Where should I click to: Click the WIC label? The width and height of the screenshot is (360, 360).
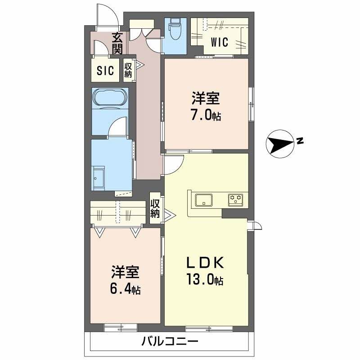click(x=219, y=42)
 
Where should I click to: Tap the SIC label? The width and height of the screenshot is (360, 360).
click(x=105, y=71)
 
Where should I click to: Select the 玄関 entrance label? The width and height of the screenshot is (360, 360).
click(x=117, y=43)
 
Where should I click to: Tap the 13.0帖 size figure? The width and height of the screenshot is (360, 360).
click(x=205, y=281)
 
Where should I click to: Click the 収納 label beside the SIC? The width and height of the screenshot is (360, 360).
click(x=128, y=70)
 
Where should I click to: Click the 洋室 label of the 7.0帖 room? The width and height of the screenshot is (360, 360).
click(x=207, y=98)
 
